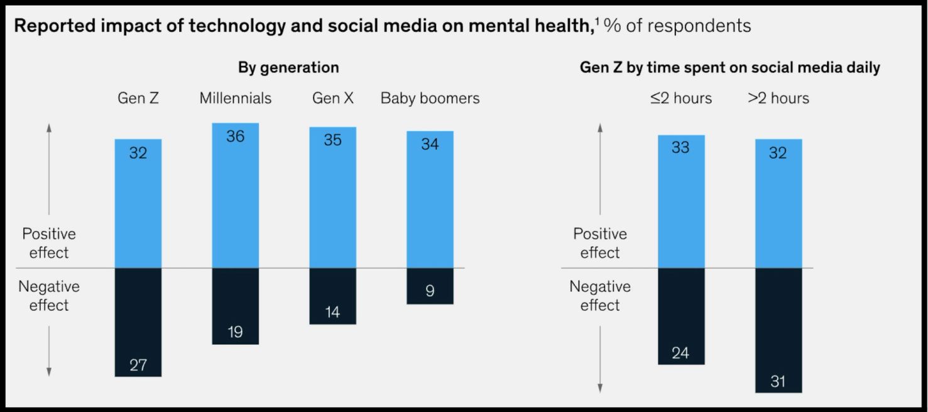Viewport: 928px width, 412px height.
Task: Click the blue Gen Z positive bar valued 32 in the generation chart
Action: point(138,208)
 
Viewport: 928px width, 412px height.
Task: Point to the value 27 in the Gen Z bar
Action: point(138,365)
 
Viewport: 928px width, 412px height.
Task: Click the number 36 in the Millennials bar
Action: point(235,136)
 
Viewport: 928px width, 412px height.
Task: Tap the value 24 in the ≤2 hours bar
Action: point(680,353)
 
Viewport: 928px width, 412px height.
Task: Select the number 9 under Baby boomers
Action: point(430,291)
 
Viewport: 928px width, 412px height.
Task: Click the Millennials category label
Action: point(235,98)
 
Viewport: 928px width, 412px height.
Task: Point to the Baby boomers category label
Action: point(430,98)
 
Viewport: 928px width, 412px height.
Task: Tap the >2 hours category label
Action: point(778,98)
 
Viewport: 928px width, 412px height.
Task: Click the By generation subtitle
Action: point(288,67)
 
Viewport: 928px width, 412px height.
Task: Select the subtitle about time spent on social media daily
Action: point(729,67)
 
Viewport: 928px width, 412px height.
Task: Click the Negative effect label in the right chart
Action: point(599,296)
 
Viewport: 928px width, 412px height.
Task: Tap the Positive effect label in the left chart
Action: point(49,243)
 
